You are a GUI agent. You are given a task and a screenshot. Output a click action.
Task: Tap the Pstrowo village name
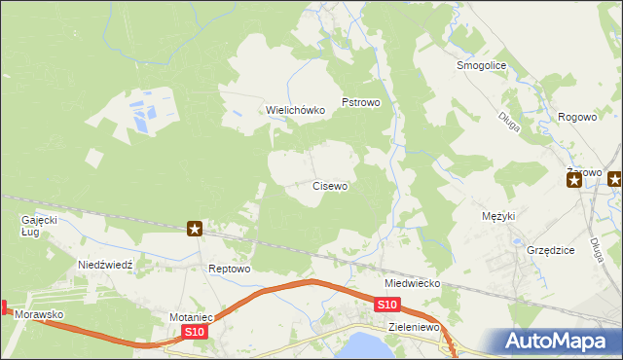(x=360, y=101)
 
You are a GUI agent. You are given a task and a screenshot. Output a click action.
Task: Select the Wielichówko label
(x=296, y=110)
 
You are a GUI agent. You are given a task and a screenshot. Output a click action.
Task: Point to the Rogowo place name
(x=577, y=117)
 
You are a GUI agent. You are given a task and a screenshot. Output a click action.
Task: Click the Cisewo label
(x=330, y=185)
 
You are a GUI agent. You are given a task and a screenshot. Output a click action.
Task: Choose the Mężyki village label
(x=497, y=216)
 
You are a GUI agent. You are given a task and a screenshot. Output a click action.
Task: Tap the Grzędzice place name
(x=550, y=250)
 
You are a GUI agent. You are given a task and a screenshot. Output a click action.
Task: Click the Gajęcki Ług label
(x=40, y=226)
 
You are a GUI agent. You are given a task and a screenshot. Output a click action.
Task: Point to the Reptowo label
(x=231, y=269)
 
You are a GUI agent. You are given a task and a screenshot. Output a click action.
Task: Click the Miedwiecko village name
(x=412, y=283)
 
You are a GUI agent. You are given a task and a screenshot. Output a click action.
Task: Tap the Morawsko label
(x=39, y=315)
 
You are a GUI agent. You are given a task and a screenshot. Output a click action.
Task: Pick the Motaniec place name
(x=191, y=317)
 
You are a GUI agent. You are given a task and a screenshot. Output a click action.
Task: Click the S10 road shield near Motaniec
(x=195, y=333)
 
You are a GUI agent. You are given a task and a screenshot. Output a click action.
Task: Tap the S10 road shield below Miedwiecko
(x=386, y=305)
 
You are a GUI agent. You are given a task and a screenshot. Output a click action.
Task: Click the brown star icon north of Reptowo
(x=195, y=229)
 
